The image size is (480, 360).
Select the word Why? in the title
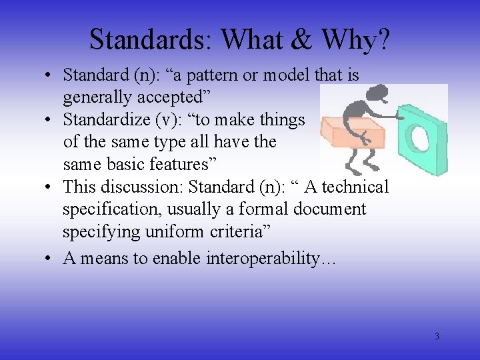(x=356, y=41)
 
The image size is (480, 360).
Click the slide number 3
(x=437, y=337)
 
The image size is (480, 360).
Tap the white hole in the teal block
(x=422, y=137)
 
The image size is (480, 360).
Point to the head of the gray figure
(x=379, y=93)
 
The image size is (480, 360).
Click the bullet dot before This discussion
(x=51, y=187)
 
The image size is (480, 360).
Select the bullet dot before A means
(x=51, y=259)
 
